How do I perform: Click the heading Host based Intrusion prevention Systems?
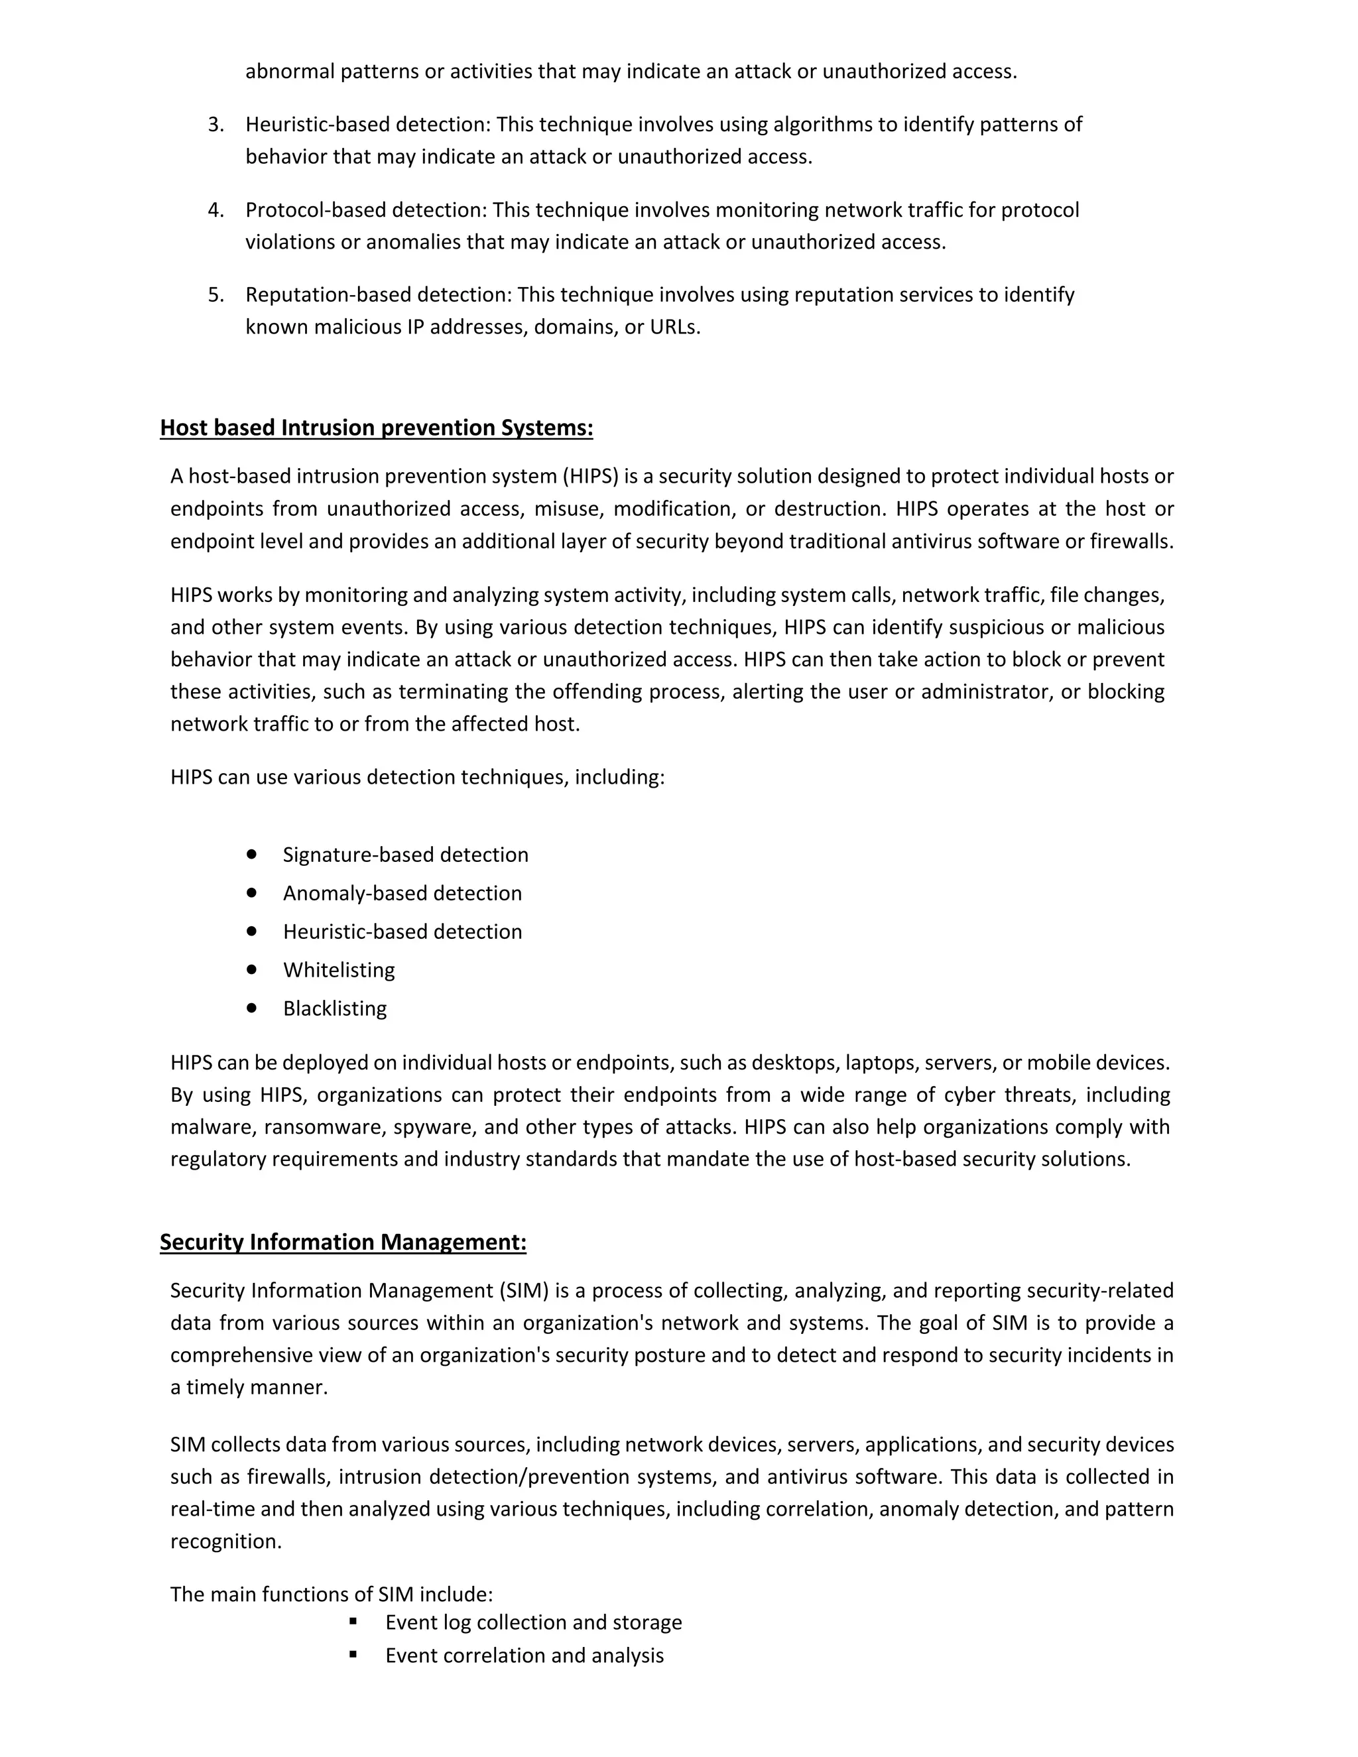point(377,428)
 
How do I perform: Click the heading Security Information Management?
point(343,1242)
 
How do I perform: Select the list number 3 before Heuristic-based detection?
point(216,125)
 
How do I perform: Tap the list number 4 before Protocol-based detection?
point(216,210)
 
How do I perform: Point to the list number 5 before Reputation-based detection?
point(216,295)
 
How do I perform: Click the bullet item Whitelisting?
point(339,970)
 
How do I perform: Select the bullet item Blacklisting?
point(335,1009)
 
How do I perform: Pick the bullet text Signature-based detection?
point(405,855)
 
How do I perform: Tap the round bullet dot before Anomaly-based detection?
point(252,892)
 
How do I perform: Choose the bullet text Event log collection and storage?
point(533,1622)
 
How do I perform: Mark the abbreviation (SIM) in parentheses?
point(524,1290)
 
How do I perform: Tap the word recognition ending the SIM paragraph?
point(226,1542)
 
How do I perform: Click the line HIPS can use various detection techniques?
point(418,777)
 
